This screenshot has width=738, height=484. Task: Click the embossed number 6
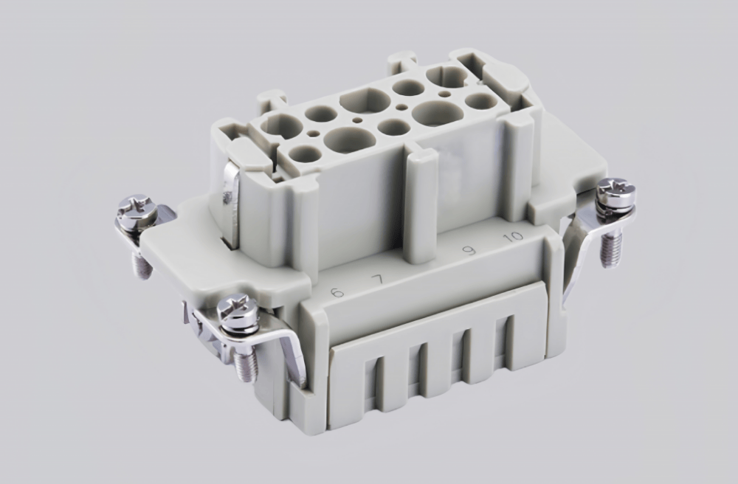337,292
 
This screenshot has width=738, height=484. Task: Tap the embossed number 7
378,280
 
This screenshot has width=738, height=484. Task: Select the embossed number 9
468,251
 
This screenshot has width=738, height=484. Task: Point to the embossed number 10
511,237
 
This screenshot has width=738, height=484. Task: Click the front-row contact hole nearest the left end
305,154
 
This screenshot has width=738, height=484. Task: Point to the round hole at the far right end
480,101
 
